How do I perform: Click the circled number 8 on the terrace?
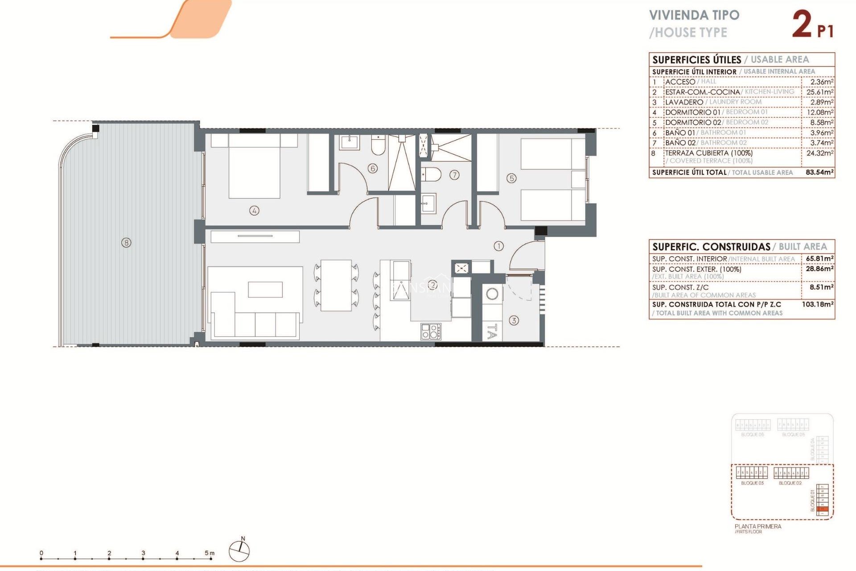click(127, 243)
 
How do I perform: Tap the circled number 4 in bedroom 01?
click(254, 211)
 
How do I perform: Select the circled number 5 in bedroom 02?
click(511, 178)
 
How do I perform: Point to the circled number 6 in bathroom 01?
click(373, 168)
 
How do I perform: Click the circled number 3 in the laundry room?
click(514, 320)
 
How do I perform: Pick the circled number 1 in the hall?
click(498, 246)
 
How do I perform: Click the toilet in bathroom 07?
click(431, 174)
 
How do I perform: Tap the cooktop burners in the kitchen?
click(431, 331)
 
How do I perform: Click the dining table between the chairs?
click(336, 285)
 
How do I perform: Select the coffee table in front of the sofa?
click(265, 290)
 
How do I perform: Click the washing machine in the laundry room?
click(492, 294)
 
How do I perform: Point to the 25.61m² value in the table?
click(819, 92)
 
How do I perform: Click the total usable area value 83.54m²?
click(819, 172)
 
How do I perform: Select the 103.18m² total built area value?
click(818, 304)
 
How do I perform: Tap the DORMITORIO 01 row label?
click(692, 112)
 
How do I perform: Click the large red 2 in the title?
click(802, 24)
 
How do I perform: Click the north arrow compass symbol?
click(239, 550)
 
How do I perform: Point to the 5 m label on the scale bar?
click(210, 553)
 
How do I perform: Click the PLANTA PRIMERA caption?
click(758, 526)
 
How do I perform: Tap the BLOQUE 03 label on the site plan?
click(752, 483)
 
